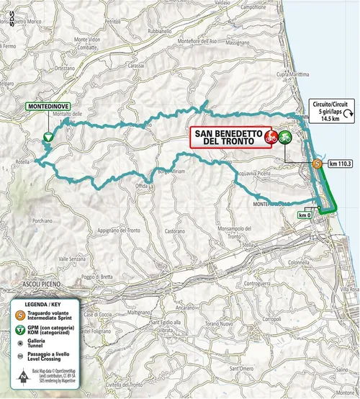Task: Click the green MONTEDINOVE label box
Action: [43, 106]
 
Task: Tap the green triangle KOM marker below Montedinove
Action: [48, 135]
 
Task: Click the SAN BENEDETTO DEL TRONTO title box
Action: [228, 137]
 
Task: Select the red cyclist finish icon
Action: [272, 136]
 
